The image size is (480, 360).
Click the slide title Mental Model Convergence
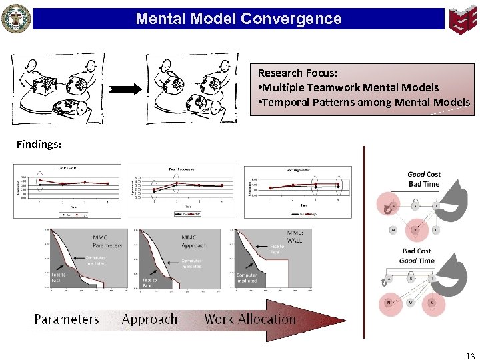[x=238, y=19]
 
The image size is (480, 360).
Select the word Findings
[x=39, y=143]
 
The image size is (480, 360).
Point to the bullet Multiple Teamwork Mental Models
[x=348, y=87]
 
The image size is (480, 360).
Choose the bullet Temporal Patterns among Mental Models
[x=363, y=102]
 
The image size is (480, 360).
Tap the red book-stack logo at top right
[x=462, y=19]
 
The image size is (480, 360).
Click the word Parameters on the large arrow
[x=67, y=319]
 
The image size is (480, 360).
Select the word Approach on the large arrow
[x=149, y=319]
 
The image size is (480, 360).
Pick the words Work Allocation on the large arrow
[x=250, y=319]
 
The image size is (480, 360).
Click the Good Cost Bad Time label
[x=424, y=179]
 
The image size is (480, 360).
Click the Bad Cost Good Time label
[x=417, y=256]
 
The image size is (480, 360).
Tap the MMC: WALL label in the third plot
[x=295, y=236]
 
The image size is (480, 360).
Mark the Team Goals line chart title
[x=66, y=167]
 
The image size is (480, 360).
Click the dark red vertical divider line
[x=364, y=240]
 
